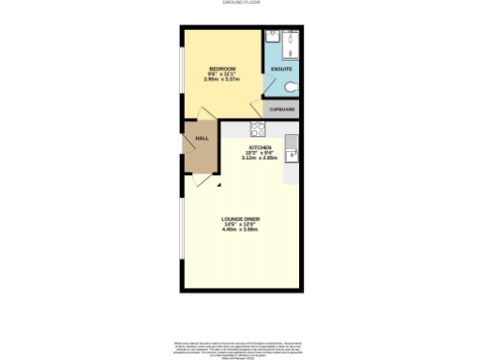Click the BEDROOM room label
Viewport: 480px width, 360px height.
click(x=221, y=68)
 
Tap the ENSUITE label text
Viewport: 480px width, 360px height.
click(x=280, y=70)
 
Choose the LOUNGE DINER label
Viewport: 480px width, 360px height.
click(x=240, y=219)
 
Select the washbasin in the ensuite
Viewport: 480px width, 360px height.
click(x=270, y=39)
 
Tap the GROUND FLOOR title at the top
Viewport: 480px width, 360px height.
click(x=240, y=4)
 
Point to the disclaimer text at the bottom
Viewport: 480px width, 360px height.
click(x=240, y=349)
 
